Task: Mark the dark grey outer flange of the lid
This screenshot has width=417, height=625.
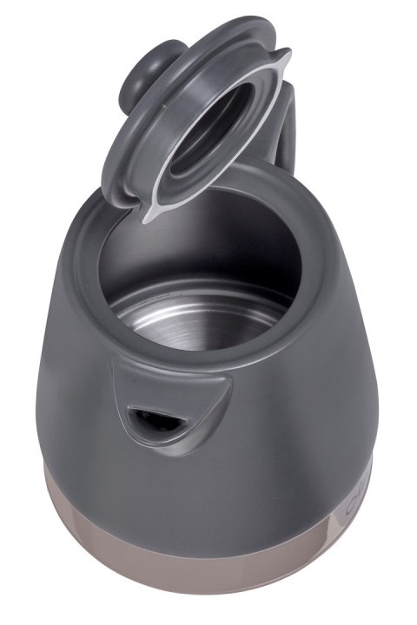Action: tap(122, 165)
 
